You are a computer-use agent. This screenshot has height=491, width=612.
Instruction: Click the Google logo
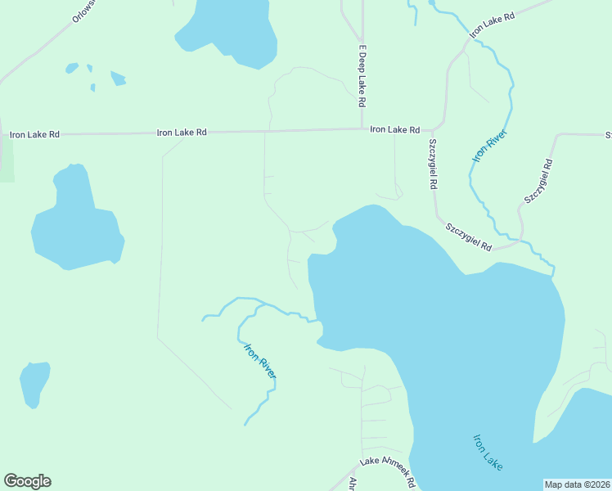(x=27, y=481)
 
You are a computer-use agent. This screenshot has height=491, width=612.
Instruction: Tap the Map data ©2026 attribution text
(x=577, y=484)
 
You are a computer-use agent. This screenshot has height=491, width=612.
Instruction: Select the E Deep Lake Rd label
(x=361, y=76)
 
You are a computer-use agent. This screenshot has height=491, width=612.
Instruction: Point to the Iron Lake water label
(x=488, y=452)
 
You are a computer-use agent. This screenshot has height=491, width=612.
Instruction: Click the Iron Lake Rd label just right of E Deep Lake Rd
(x=394, y=129)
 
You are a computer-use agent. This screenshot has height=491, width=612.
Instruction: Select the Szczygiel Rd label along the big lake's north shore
(x=468, y=236)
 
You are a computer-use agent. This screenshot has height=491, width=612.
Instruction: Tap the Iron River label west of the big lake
(x=260, y=360)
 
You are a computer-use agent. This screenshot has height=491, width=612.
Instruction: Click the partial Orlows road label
(x=84, y=10)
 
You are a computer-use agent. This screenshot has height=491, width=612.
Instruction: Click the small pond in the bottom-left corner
(x=34, y=382)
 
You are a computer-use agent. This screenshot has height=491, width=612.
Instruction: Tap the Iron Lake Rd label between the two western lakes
(x=181, y=132)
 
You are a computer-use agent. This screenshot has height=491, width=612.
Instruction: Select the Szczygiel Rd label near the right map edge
(x=539, y=180)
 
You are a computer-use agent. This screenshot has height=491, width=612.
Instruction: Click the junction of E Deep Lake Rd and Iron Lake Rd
(x=362, y=128)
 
